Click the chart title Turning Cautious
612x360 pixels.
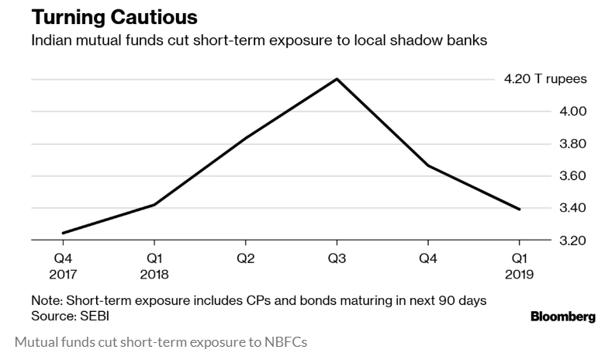(114, 16)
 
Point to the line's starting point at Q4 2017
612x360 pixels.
(62, 233)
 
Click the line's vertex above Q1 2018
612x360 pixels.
(154, 205)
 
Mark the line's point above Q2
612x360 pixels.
(246, 138)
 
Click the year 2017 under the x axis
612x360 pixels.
(63, 274)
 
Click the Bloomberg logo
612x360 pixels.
(562, 317)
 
